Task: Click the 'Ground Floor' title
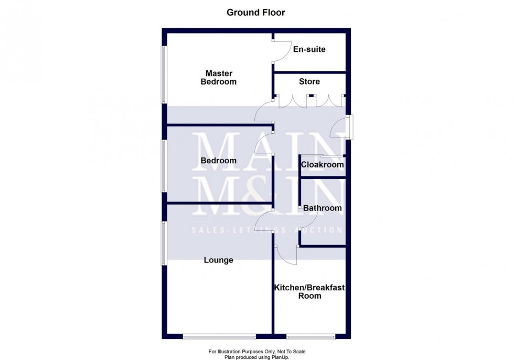click(x=256, y=12)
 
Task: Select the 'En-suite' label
click(x=309, y=49)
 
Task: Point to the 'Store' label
click(x=309, y=81)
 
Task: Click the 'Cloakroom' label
click(x=322, y=165)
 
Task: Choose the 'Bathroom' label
click(x=322, y=208)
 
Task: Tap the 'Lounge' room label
click(x=218, y=260)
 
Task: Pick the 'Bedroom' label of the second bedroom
click(x=218, y=161)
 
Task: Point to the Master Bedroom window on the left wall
click(x=164, y=75)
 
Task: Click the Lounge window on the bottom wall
click(x=219, y=336)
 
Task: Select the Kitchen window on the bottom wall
click(x=310, y=336)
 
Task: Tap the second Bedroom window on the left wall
click(x=164, y=167)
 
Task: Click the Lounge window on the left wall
click(x=164, y=242)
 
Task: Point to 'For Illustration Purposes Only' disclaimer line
click(x=256, y=351)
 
